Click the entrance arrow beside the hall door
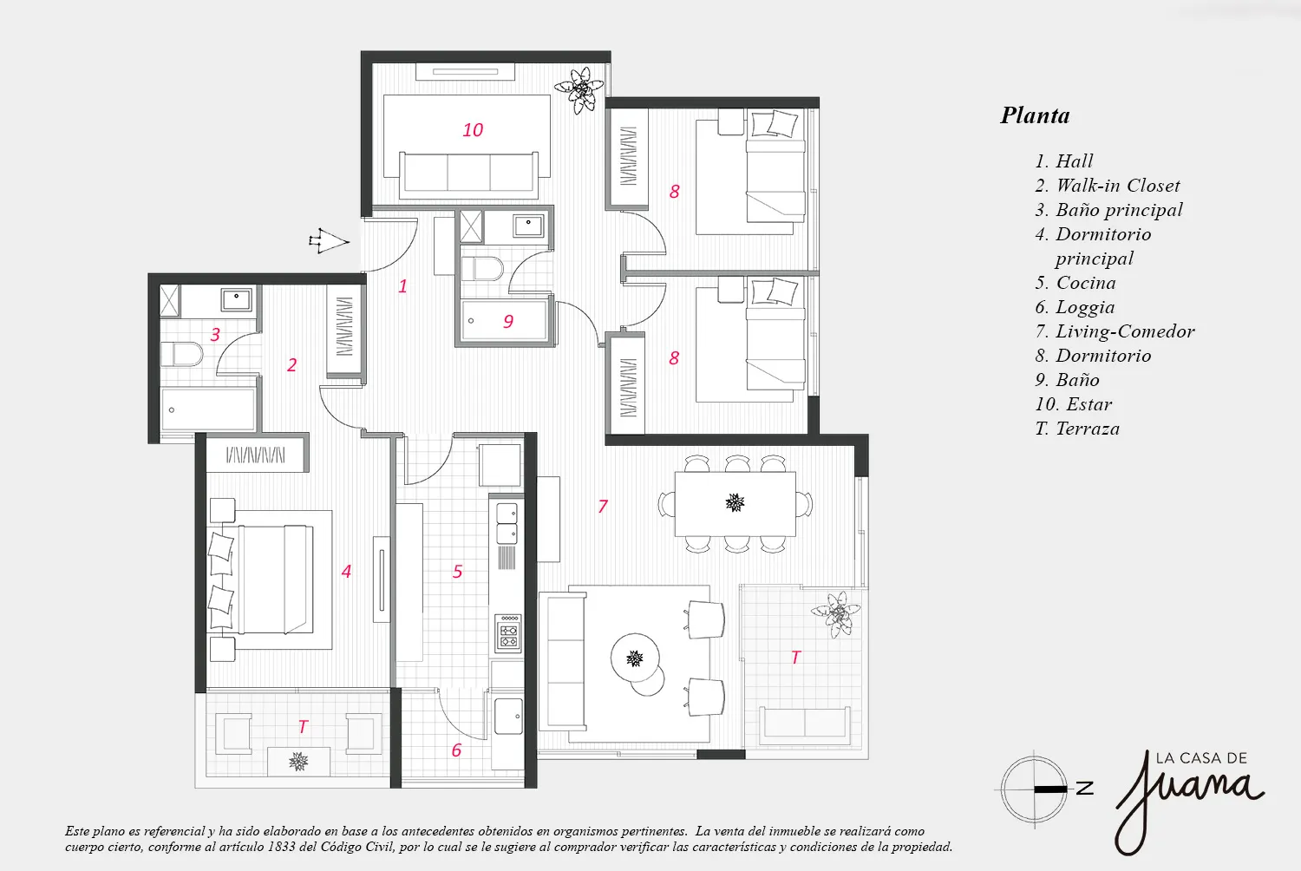pos(330,241)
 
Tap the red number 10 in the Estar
pos(473,129)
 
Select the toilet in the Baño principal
pos(182,354)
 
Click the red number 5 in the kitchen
pos(458,572)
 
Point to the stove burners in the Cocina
pos(508,632)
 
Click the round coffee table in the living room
pos(635,658)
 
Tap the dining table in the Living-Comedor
pos(735,504)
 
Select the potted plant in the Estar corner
pos(579,90)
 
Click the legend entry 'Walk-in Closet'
pos(1117,186)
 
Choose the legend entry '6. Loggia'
pos(1075,307)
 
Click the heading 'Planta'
pos(1035,115)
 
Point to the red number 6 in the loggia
pos(456,750)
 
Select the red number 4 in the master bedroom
pos(346,572)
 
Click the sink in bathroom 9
pos(528,226)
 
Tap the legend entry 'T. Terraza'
pos(1077,429)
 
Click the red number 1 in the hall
pos(402,286)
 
